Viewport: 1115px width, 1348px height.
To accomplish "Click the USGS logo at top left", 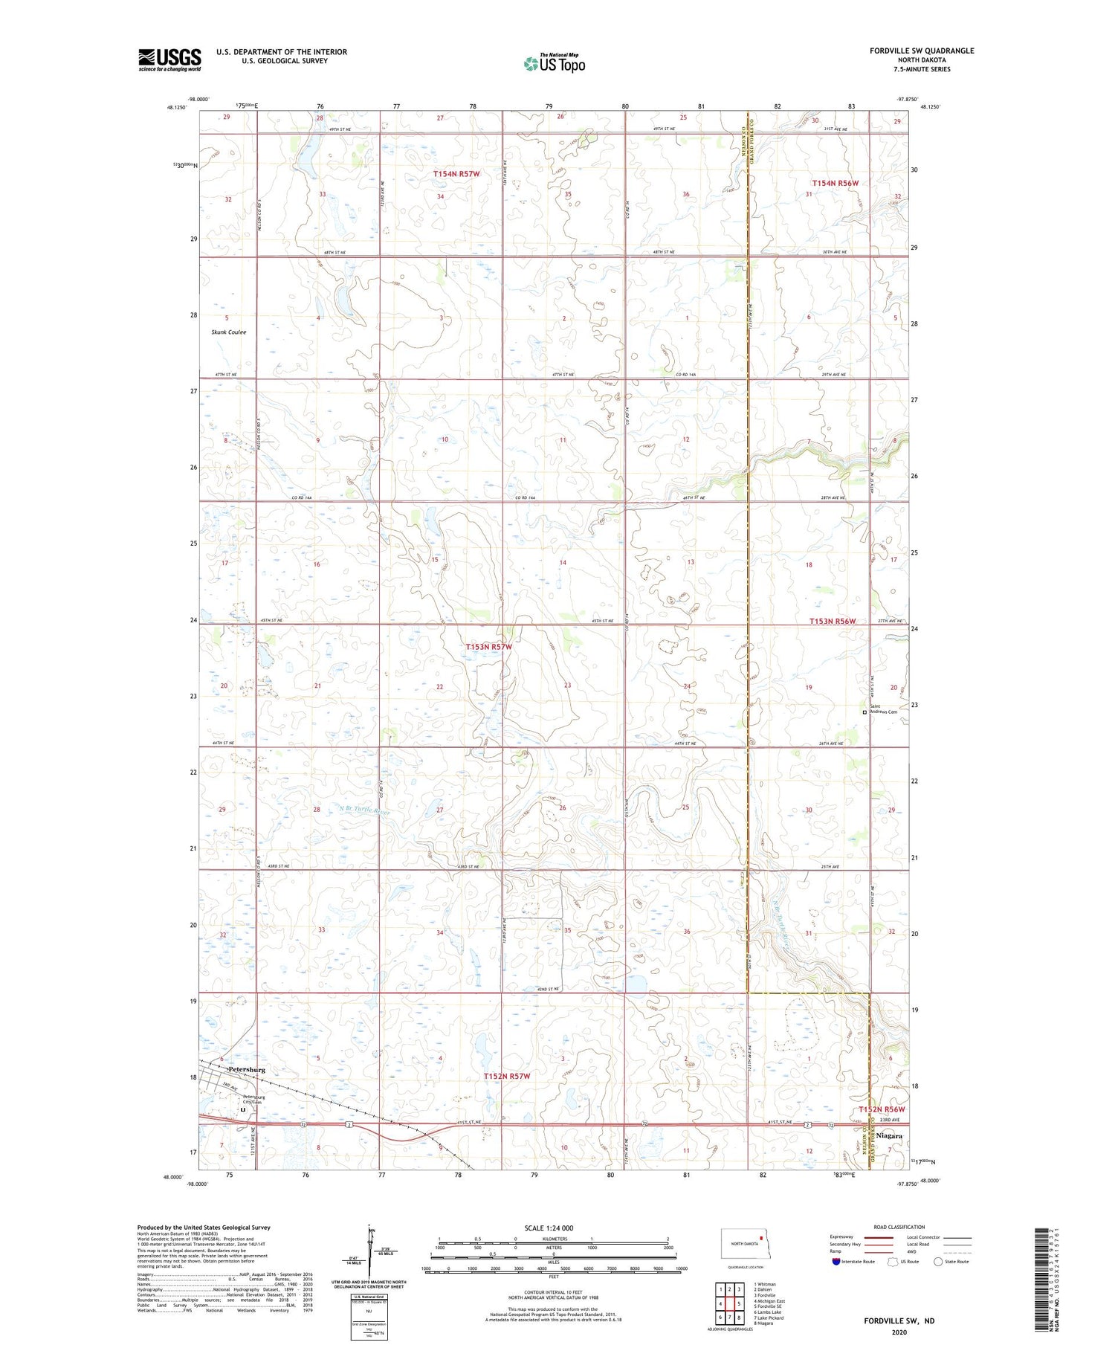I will [x=169, y=59].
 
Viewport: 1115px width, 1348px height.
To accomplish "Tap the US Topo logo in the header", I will [x=555, y=64].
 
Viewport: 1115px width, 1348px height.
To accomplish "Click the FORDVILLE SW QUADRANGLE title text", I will [x=922, y=51].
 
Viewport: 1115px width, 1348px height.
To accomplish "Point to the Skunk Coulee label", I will [x=228, y=332].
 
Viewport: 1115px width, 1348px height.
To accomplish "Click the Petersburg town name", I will [x=246, y=1069].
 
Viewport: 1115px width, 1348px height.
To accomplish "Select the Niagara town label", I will [x=889, y=1136].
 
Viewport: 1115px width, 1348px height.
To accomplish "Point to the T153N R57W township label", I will [x=488, y=647].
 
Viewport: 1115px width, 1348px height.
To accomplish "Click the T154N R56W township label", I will [x=835, y=183].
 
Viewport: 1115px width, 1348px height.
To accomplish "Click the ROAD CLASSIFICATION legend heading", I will [x=899, y=1227].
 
